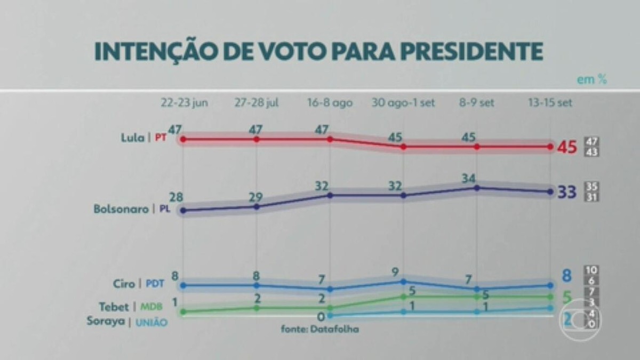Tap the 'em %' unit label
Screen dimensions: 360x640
click(x=591, y=79)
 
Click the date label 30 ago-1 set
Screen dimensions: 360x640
click(x=403, y=103)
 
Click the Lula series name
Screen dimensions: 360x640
click(x=132, y=138)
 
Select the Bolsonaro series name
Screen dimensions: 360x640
click(x=121, y=210)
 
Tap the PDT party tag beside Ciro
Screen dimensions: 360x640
click(x=155, y=284)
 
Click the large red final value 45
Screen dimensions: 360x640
click(x=567, y=147)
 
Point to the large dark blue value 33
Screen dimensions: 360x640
click(x=567, y=193)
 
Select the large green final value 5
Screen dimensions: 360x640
click(x=567, y=297)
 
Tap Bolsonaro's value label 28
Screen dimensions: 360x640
click(x=177, y=198)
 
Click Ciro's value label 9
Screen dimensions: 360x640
click(x=395, y=272)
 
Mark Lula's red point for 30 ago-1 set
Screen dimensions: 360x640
click(x=404, y=147)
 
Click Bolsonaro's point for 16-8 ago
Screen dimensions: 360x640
click(x=330, y=196)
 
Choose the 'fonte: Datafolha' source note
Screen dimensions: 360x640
click(x=319, y=329)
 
